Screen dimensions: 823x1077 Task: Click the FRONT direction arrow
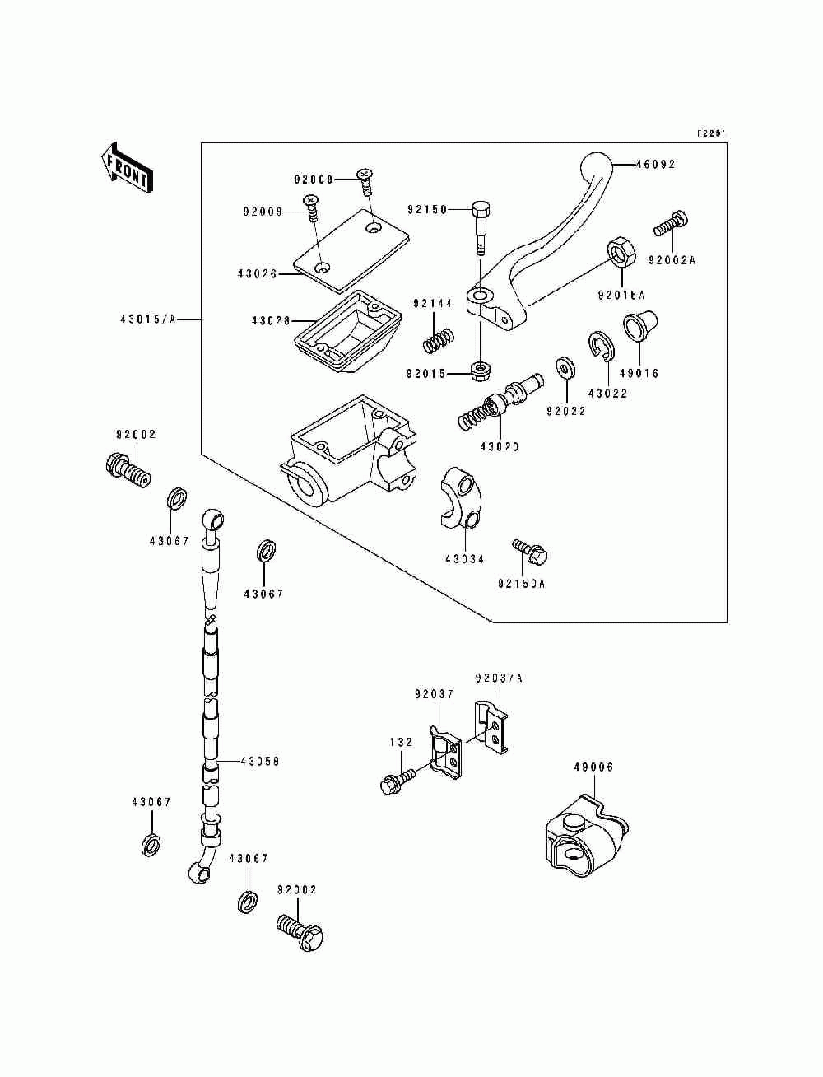[x=127, y=168]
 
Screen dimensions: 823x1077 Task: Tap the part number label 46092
[x=655, y=165]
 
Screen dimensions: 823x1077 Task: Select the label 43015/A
[x=147, y=319]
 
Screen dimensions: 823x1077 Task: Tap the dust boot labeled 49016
[x=639, y=324]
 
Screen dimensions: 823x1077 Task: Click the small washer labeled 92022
[x=566, y=367]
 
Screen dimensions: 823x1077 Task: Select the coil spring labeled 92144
[x=439, y=340]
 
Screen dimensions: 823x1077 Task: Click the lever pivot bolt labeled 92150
[x=481, y=226]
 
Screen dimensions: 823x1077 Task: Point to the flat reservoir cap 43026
[x=351, y=249]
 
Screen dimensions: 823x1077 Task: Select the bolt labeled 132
[x=398, y=781]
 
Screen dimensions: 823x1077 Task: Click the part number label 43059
[x=259, y=762]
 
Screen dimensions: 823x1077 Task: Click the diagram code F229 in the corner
[x=711, y=133]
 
